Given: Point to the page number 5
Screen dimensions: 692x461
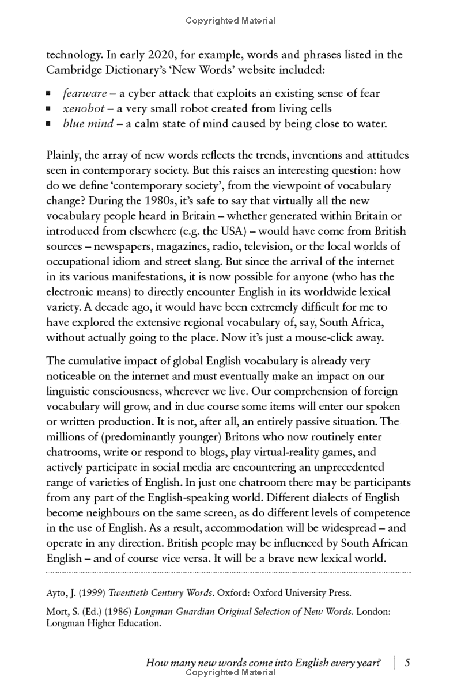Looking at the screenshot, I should coord(407,662).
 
